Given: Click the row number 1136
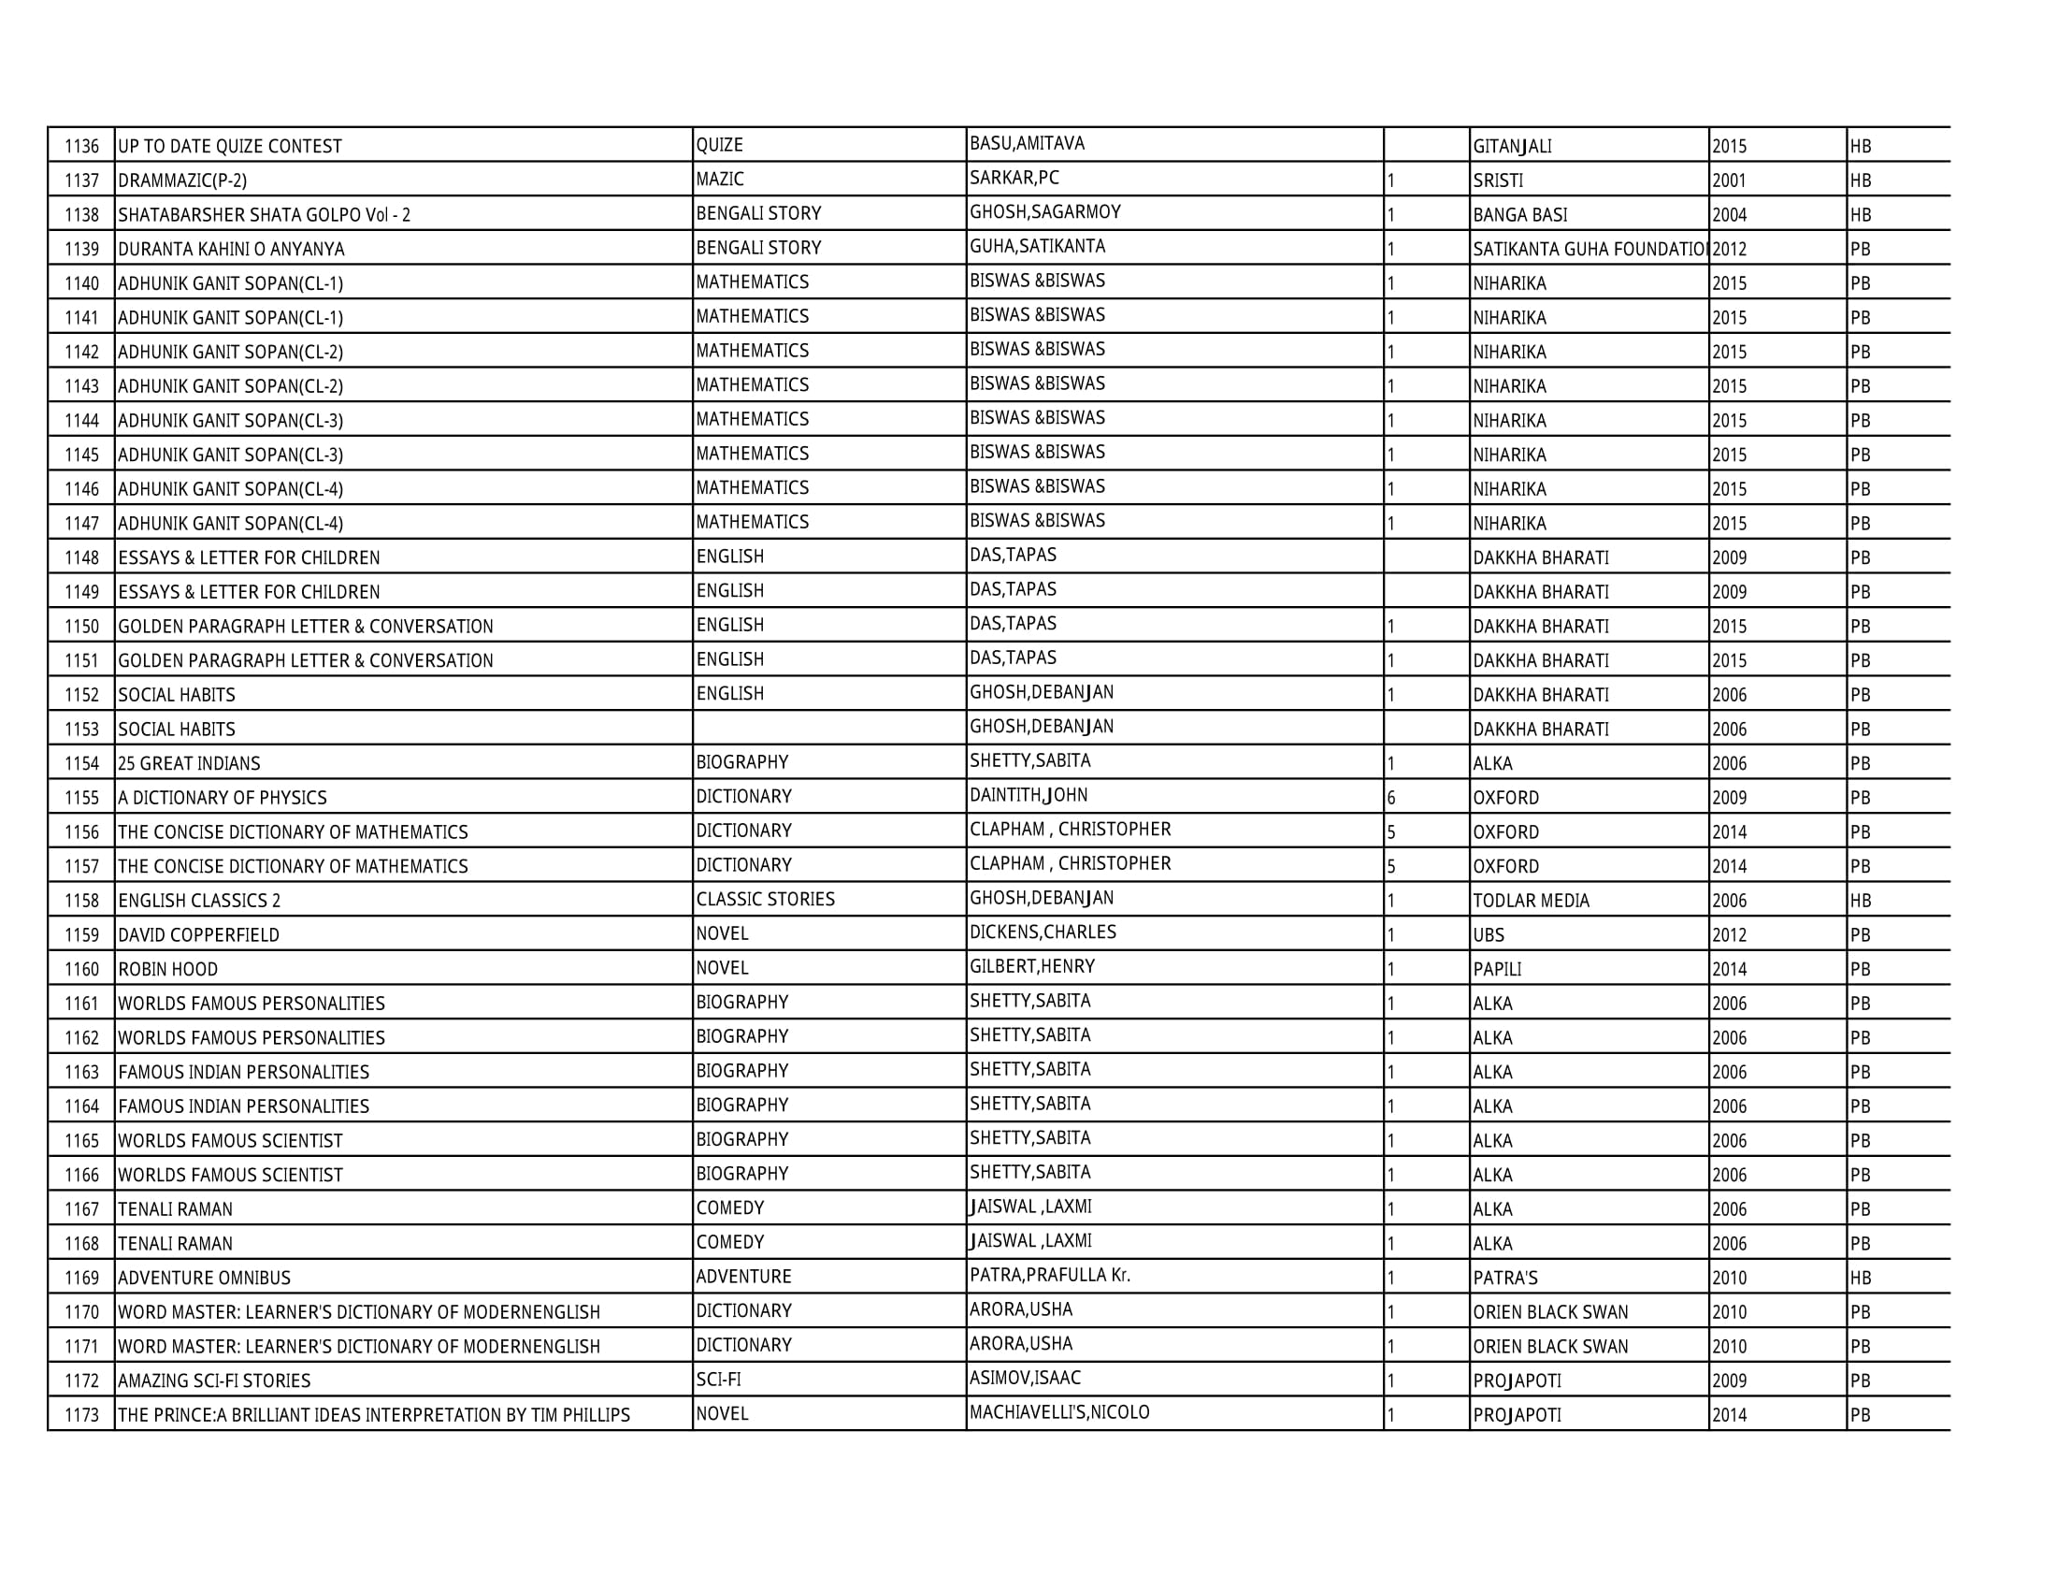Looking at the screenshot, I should (x=82, y=147).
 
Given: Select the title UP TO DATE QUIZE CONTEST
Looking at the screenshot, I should (x=230, y=147).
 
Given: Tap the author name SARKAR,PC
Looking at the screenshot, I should (x=1014, y=178).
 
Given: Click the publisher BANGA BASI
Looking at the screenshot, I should (x=1520, y=215).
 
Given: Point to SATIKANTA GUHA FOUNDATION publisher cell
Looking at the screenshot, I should (x=1589, y=250).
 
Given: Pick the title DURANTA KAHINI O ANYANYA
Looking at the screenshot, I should (x=232, y=250).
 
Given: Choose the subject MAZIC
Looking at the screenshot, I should (x=720, y=179).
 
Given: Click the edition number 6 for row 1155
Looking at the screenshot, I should (x=1391, y=798).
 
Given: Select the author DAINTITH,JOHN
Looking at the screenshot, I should (x=1028, y=795).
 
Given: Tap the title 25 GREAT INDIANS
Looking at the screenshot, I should (x=189, y=764).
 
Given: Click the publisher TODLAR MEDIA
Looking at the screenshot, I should (x=1532, y=902).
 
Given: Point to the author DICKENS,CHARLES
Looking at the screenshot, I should (x=1043, y=932).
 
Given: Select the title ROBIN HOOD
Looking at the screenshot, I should (x=167, y=970).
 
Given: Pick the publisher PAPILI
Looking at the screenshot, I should (x=1498, y=969).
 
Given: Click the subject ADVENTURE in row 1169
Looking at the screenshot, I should (x=744, y=1278).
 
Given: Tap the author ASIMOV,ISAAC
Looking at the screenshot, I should (x=1025, y=1378).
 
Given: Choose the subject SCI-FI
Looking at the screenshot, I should (x=719, y=1380).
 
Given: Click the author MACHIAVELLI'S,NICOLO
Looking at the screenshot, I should (x=1059, y=1413).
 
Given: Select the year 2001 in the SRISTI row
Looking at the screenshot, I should (x=1729, y=181).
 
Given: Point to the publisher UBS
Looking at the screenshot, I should (x=1489, y=935).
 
